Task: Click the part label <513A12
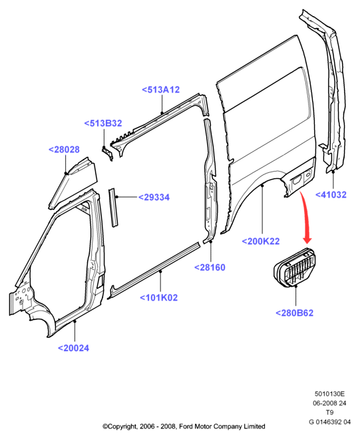pos(160,90)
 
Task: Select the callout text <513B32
pos(103,123)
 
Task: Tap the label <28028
pos(64,150)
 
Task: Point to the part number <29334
pos(154,197)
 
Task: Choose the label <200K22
pos(261,241)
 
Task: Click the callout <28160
pos(210,267)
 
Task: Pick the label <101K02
pos(159,297)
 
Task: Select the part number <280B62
pos(294,313)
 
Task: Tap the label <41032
pos(331,195)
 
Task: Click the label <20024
pos(74,348)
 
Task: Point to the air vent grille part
pos(294,267)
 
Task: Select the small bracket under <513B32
pos(108,153)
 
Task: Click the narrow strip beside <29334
pos(113,207)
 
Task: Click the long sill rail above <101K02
pos(154,271)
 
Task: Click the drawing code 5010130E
pos(329,394)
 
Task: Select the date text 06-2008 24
pos(329,403)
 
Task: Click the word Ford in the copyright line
pos(186,426)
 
